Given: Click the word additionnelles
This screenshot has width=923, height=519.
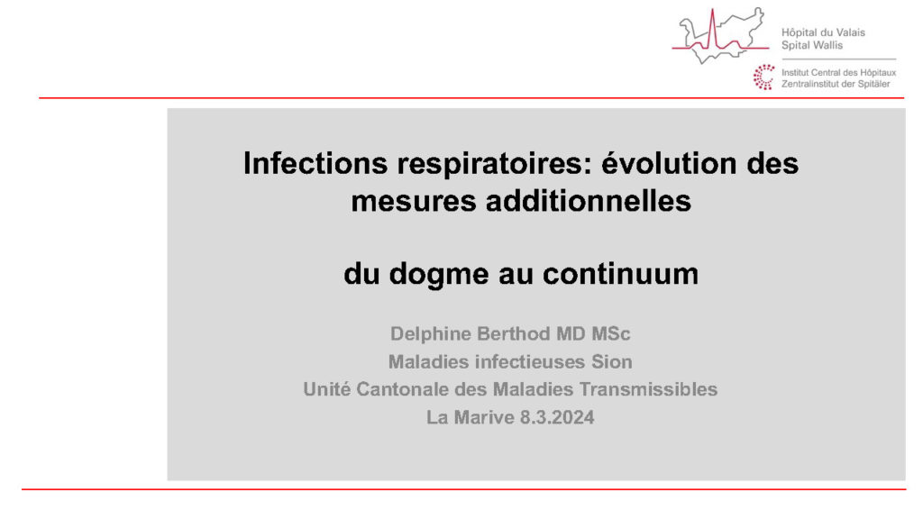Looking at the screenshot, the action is click(588, 201).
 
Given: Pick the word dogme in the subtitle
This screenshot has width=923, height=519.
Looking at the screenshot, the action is click(439, 274).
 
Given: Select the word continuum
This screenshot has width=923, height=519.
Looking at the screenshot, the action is click(620, 274).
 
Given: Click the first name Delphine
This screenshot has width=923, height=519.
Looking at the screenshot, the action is click(431, 334).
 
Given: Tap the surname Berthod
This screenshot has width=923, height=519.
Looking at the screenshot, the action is click(514, 333).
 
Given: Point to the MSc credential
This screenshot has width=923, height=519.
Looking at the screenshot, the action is click(610, 333).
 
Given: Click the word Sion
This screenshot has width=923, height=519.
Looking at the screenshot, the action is click(612, 361).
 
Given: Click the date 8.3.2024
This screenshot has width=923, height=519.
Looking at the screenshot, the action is click(557, 417).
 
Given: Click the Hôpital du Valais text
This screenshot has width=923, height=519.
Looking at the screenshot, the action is click(823, 33).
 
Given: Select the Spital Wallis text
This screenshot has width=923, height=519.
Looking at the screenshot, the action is click(812, 45).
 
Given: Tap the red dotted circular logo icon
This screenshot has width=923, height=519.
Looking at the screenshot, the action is click(764, 77).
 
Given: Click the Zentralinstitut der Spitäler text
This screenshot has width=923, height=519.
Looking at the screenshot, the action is click(836, 84).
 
